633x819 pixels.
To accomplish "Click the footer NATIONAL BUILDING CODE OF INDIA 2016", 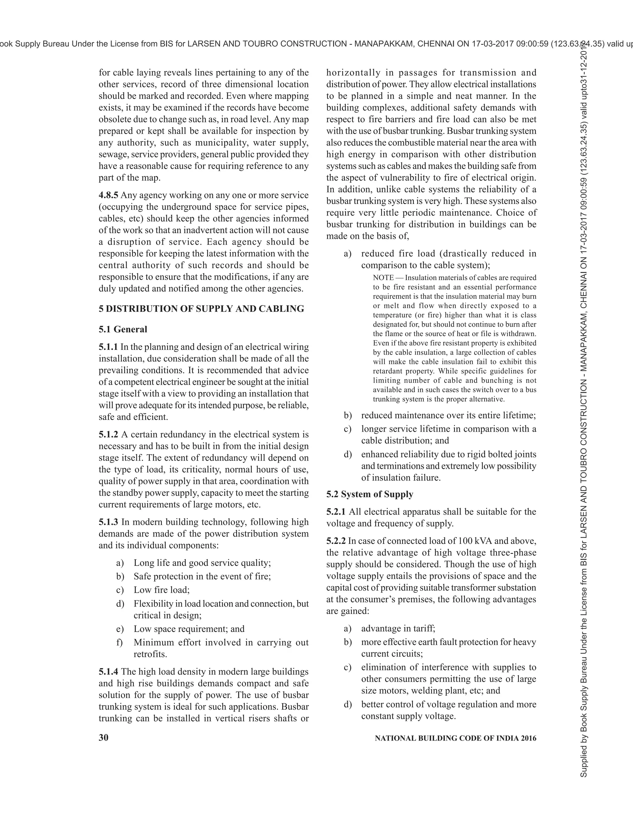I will tap(455, 738).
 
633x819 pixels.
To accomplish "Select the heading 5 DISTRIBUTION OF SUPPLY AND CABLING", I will tap(202, 309).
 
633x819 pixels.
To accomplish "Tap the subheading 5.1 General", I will tap(123, 329).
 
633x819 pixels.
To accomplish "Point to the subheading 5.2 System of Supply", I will tap(369, 494).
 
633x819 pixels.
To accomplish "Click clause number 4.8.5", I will tap(108, 195).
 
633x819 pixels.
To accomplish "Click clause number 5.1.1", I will tap(108, 347).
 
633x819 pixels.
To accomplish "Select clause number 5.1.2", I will tap(108, 435).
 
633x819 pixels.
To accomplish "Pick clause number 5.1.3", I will tap(108, 522).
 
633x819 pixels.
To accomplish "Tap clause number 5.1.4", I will tap(108, 672).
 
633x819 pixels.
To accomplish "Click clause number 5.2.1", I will tap(336, 512).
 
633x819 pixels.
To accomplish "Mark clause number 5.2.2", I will tap(336, 541).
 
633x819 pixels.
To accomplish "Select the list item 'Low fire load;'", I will tap(162, 590).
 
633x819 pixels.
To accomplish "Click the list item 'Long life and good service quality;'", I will tap(202, 563).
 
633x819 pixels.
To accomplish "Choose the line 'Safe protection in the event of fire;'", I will tap(202, 576).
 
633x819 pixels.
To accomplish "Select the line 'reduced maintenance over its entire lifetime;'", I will tap(448, 415).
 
